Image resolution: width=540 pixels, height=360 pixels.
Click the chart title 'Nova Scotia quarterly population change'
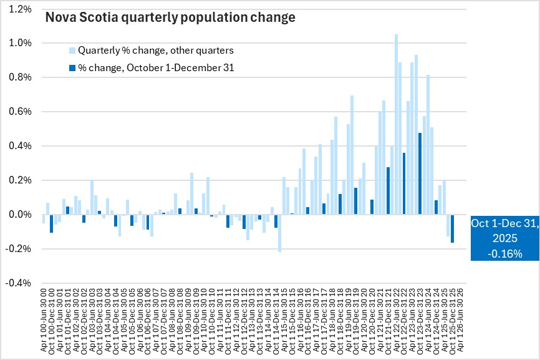tap(170, 18)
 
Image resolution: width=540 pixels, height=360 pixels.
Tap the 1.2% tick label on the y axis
tap(21, 9)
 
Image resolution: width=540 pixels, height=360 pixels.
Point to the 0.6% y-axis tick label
tap(21, 112)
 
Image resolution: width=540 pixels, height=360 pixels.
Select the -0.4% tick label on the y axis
tap(19, 283)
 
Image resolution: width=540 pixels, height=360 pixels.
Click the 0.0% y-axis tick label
tap(21, 215)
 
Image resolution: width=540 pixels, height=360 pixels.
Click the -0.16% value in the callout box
tap(505, 253)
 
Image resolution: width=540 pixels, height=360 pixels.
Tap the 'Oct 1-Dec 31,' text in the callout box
tap(504, 225)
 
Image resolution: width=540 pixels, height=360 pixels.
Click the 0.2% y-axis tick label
tap(21, 180)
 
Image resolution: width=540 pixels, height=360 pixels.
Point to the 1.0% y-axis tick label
tap(21, 44)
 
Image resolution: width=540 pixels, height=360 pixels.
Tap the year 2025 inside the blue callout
tap(505, 239)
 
